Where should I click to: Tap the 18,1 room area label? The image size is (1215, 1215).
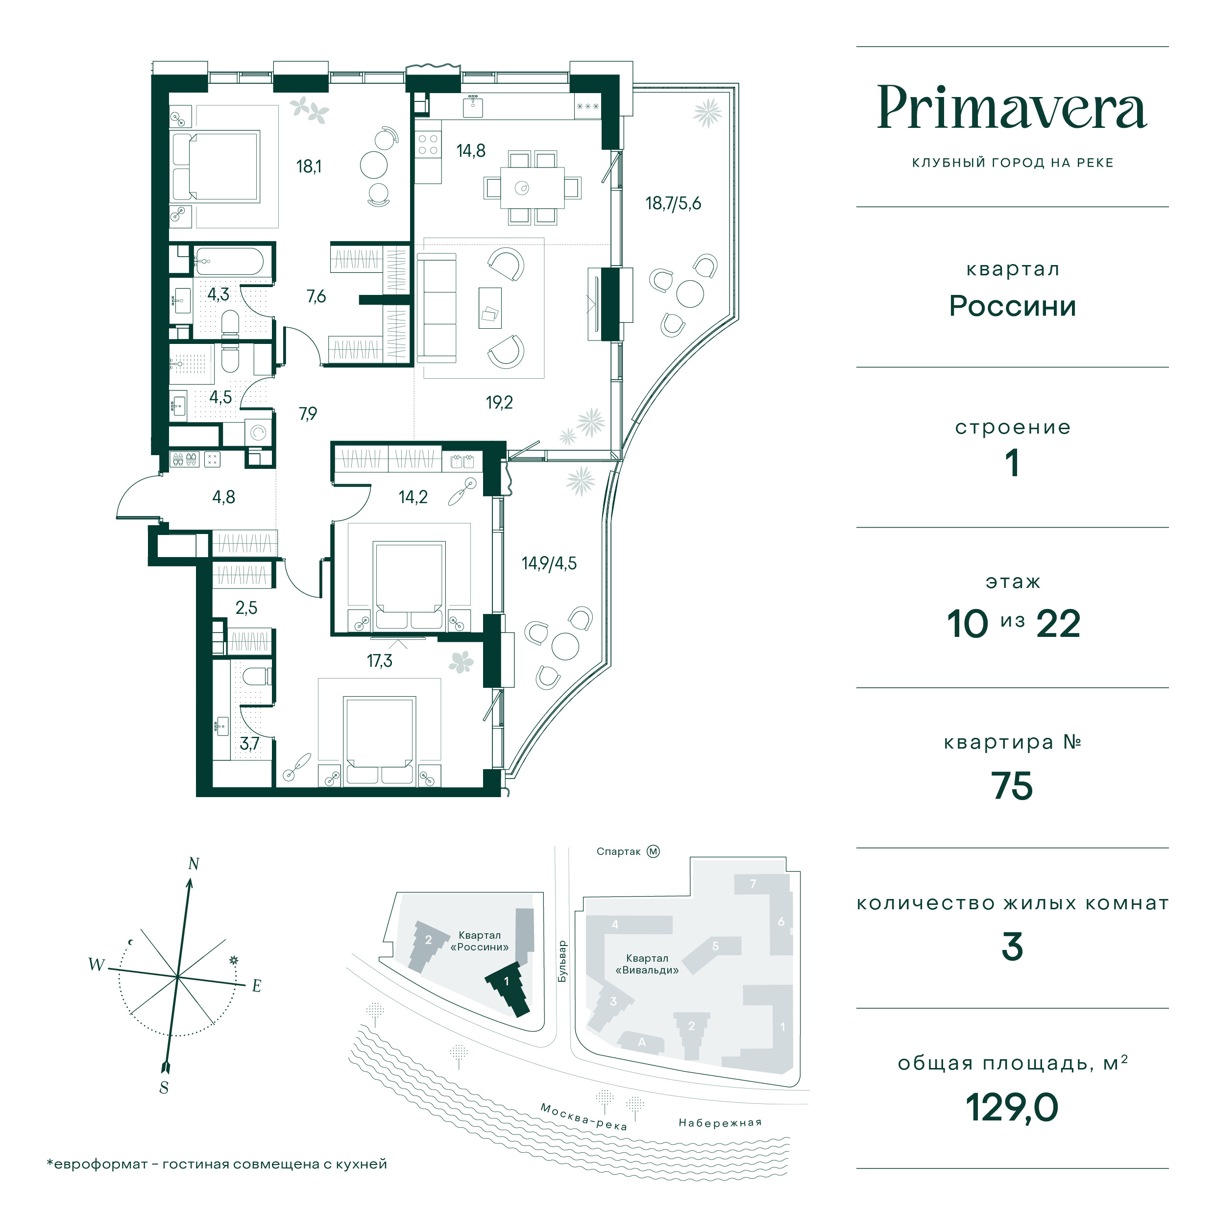point(309,167)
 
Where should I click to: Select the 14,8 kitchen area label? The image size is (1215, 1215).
point(471,151)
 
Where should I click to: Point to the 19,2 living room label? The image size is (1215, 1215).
point(499,403)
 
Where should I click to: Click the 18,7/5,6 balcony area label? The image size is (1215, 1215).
point(673,204)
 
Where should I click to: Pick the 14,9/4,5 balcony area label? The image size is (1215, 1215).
point(549,563)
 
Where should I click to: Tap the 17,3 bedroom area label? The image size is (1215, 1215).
point(380,660)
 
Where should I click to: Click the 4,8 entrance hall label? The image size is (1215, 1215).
point(224,497)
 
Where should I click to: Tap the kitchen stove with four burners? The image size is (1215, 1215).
point(428,145)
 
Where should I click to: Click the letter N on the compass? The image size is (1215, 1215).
point(194,864)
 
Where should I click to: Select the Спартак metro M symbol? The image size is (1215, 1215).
point(654,851)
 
